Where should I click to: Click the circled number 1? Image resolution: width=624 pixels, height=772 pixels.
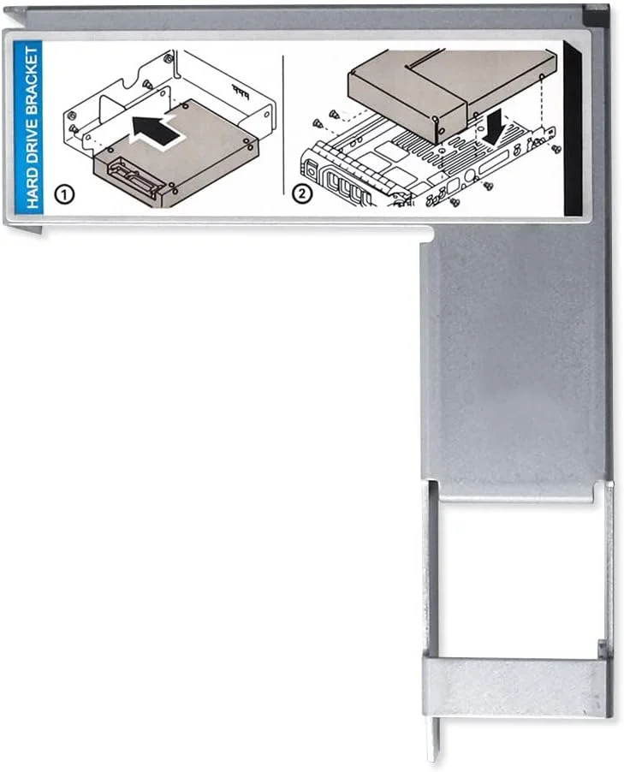point(64,194)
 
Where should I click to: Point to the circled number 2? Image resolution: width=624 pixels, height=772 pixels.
point(302,193)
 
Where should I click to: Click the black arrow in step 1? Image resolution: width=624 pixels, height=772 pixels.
point(157,130)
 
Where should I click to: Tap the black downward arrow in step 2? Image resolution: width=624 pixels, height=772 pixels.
point(494,127)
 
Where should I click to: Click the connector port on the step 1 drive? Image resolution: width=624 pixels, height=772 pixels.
point(133,181)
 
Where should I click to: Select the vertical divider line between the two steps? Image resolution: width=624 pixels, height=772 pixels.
point(283,125)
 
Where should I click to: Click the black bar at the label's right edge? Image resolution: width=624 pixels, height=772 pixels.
point(572,129)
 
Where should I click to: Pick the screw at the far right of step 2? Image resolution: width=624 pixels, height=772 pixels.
point(556,148)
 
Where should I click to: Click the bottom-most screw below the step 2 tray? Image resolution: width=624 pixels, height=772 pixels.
point(455,201)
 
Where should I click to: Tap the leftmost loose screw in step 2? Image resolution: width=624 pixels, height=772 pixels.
point(318,123)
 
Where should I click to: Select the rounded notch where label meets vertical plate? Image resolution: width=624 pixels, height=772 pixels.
point(427,234)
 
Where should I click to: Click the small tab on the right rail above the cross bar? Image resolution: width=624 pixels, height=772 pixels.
point(602,649)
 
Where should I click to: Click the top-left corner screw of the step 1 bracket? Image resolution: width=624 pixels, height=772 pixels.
point(169,59)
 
